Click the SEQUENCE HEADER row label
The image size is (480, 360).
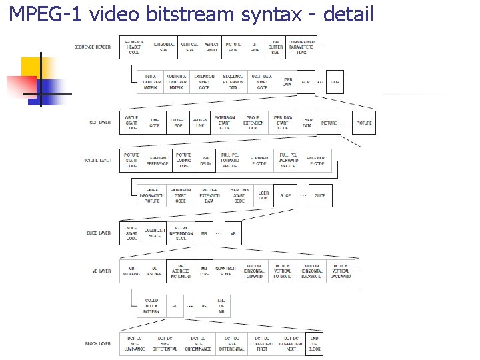93,47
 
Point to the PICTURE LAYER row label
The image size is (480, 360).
97,161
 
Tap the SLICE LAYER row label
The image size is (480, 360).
99,233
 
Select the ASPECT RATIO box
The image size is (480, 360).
211,47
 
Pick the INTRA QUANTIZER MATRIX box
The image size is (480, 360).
151,82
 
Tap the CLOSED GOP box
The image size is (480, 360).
178,122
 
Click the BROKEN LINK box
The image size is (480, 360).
199,122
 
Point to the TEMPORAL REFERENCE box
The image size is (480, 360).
157,161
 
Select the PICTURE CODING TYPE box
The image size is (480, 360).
183,161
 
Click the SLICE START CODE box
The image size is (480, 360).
131,233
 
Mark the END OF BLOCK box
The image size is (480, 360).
315,343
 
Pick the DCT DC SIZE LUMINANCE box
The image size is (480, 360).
135,343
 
